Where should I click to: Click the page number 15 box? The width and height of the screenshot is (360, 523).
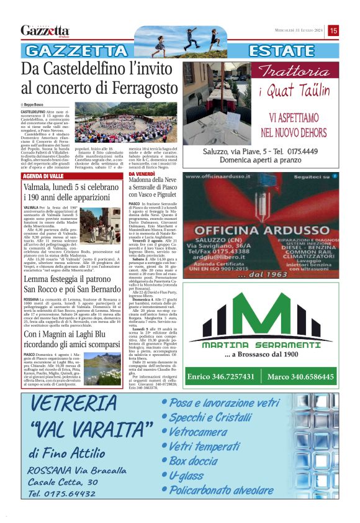[x=333, y=30]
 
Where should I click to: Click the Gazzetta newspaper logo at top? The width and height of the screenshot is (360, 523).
[x=45, y=30]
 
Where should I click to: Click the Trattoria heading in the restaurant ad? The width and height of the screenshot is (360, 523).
[x=294, y=70]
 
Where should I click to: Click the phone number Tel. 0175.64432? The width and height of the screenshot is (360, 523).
[x=61, y=494]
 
